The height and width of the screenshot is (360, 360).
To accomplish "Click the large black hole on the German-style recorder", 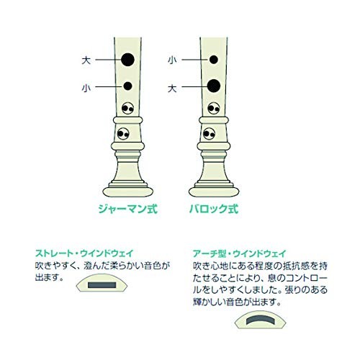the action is (x=127, y=60).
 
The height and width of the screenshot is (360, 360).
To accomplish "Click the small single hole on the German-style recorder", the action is (x=127, y=86).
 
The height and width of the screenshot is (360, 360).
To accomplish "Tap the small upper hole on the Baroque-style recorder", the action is (x=214, y=60).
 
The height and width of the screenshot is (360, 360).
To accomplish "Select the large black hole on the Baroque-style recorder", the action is (x=214, y=86).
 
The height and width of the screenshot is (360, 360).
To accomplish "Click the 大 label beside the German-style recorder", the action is (x=86, y=60).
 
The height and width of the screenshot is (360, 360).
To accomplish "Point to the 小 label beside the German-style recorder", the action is (x=86, y=88).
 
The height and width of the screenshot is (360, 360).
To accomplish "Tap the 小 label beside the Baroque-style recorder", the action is (x=172, y=60).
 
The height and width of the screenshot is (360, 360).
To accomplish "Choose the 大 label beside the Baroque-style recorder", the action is (x=172, y=89).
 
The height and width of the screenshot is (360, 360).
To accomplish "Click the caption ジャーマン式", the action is (x=127, y=209).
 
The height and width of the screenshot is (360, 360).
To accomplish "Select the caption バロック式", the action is (x=214, y=209).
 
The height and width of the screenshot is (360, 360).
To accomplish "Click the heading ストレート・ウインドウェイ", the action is (x=84, y=253).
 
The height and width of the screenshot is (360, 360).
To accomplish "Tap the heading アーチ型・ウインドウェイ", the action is (x=240, y=253).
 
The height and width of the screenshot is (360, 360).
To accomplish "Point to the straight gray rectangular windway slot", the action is (x=102, y=285).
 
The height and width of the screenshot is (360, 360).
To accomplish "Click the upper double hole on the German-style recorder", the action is (x=127, y=108).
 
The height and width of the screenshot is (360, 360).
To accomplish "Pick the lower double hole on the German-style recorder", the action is (x=123, y=134).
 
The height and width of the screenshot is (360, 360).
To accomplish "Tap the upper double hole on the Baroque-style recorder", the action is (x=213, y=108).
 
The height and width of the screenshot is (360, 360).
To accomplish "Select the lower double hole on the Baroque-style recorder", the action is (x=209, y=134).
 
